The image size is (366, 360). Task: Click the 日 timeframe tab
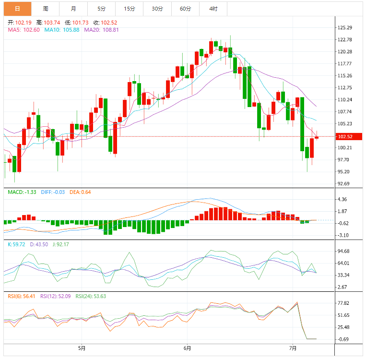click(x=17, y=9)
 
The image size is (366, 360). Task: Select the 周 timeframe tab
click(x=45, y=9)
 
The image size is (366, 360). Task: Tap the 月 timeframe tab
click(x=73, y=9)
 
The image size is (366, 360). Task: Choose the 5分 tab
click(x=101, y=9)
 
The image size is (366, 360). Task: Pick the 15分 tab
click(x=129, y=9)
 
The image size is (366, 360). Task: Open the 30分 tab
click(x=157, y=9)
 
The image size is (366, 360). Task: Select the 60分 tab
click(x=185, y=9)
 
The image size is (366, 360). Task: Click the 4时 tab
click(x=213, y=9)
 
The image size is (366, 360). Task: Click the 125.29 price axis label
click(x=345, y=27)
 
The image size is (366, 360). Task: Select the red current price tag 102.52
click(x=345, y=137)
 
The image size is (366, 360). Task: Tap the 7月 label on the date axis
click(x=293, y=348)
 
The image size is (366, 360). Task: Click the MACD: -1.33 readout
click(x=22, y=192)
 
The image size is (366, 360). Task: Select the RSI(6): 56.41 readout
click(x=23, y=296)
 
